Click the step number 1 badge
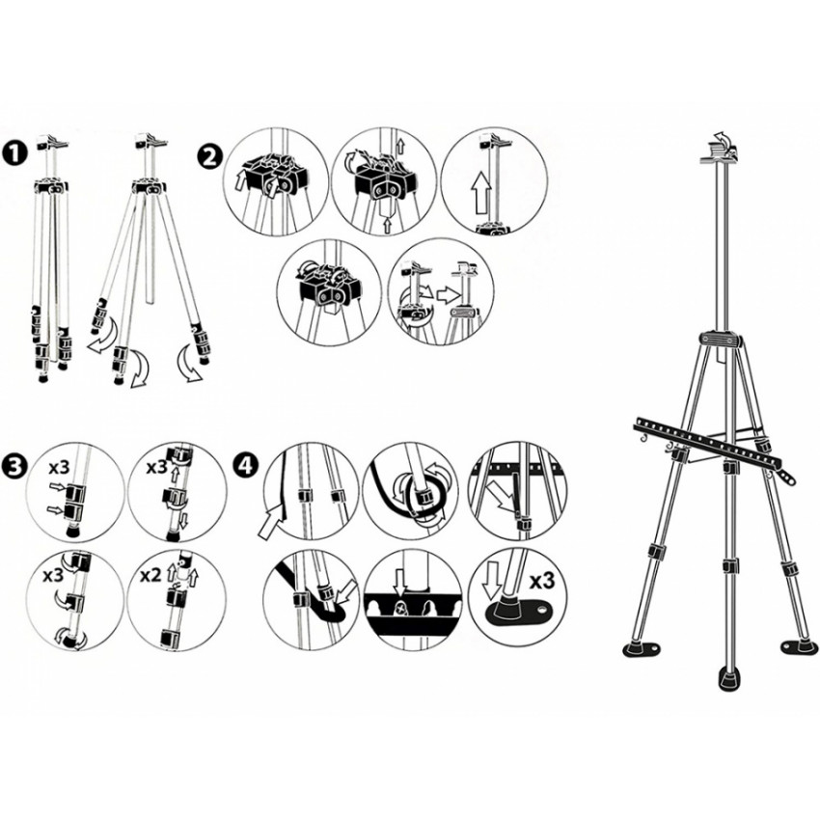point(14,154)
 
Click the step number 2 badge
point(208,156)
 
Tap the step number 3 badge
point(14,465)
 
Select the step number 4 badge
point(247,464)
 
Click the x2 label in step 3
point(150,576)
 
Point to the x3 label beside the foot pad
point(541,581)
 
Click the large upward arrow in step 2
point(481,194)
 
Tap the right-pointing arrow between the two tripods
point(447,296)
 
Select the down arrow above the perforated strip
point(400,583)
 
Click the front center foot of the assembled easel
point(728,679)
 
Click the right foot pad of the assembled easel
point(798,647)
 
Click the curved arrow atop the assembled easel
point(720,138)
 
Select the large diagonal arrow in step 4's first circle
point(273,521)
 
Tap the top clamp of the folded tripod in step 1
point(51,143)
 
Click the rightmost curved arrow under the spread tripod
point(188,363)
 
